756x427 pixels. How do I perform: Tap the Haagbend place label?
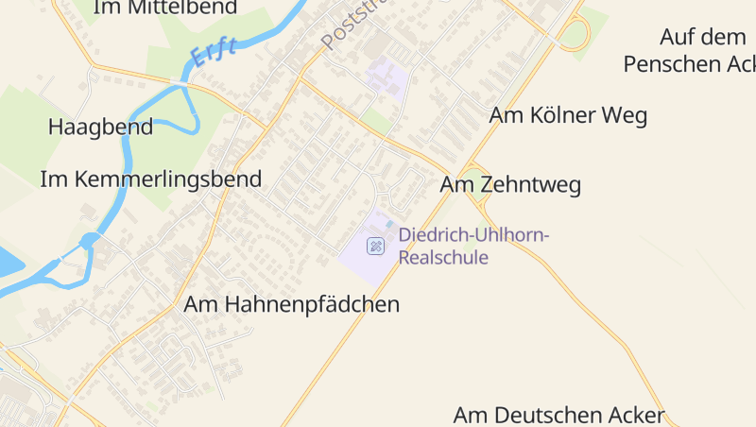click(100, 128)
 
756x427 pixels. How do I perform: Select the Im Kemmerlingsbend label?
click(150, 179)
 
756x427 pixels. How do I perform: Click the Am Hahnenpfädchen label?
click(292, 304)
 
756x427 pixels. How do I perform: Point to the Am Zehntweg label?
click(510, 184)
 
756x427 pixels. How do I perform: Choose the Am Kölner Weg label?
click(568, 115)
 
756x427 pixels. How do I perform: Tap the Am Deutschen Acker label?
click(559, 415)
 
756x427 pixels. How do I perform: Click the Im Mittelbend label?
click(166, 8)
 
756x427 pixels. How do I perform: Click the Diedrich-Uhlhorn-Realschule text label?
click(473, 246)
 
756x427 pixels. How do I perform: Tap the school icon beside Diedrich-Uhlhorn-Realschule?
click(376, 247)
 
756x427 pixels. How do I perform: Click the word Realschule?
click(444, 256)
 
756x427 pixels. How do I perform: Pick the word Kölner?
click(568, 115)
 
